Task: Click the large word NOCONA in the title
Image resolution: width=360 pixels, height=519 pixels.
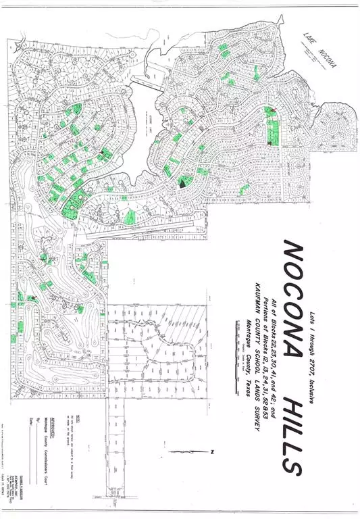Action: pyautogui.click(x=292, y=297)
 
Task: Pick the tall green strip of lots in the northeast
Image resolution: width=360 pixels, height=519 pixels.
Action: pyautogui.click(x=273, y=128)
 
